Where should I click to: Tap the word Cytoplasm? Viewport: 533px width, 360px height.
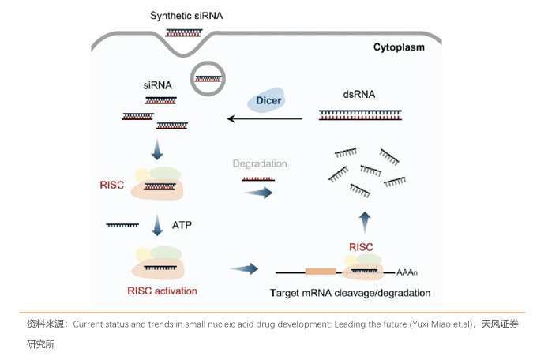coord(399,47)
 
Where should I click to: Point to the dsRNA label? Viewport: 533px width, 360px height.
coord(359,94)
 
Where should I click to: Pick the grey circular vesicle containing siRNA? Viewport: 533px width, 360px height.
coord(208,78)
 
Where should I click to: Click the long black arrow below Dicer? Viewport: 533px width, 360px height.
coord(265,119)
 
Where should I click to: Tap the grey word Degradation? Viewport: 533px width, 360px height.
coord(260,163)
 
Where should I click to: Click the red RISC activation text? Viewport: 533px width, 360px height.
coord(162,291)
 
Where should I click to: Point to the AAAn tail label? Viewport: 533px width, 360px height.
coord(407,272)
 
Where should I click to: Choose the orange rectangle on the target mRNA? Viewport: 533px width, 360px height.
coord(321,271)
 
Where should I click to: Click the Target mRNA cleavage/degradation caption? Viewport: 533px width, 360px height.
coord(351,293)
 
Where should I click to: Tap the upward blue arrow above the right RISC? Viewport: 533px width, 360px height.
coord(364,219)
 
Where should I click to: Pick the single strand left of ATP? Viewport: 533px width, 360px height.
coord(123,226)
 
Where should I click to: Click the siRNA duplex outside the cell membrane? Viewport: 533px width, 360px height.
coord(183,32)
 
